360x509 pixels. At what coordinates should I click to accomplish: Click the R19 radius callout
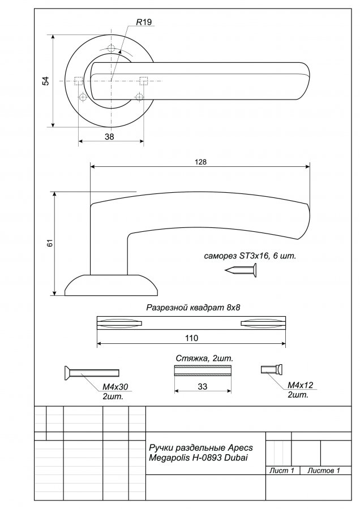pyautogui.click(x=144, y=22)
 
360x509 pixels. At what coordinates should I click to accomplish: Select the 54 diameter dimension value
pyautogui.click(x=46, y=81)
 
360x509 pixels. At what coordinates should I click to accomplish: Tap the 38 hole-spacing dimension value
pyautogui.click(x=109, y=137)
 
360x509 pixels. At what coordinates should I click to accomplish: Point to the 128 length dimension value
pyautogui.click(x=201, y=162)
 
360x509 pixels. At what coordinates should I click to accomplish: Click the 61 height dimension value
pyautogui.click(x=50, y=243)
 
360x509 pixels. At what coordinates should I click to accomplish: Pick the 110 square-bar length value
pyautogui.click(x=191, y=338)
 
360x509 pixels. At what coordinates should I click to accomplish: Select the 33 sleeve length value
pyautogui.click(x=203, y=387)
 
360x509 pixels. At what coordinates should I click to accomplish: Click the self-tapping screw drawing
pyautogui.click(x=241, y=270)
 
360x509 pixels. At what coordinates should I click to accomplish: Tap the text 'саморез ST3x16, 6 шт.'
pyautogui.click(x=250, y=256)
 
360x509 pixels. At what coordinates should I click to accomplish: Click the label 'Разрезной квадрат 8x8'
pyautogui.click(x=193, y=307)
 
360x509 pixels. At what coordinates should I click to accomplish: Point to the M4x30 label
pyautogui.click(x=115, y=387)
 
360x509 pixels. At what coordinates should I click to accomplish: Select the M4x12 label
pyautogui.click(x=301, y=385)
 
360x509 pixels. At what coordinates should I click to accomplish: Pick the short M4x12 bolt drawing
pyautogui.click(x=272, y=369)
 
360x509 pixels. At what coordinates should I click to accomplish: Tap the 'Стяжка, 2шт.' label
pyautogui.click(x=204, y=359)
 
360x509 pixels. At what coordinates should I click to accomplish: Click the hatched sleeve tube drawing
pyautogui.click(x=203, y=370)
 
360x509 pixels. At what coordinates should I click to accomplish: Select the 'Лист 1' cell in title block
pyautogui.click(x=282, y=471)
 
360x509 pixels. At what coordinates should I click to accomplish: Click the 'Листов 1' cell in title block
pyautogui.click(x=324, y=471)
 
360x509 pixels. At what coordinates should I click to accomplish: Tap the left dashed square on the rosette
pyautogui.click(x=79, y=81)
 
